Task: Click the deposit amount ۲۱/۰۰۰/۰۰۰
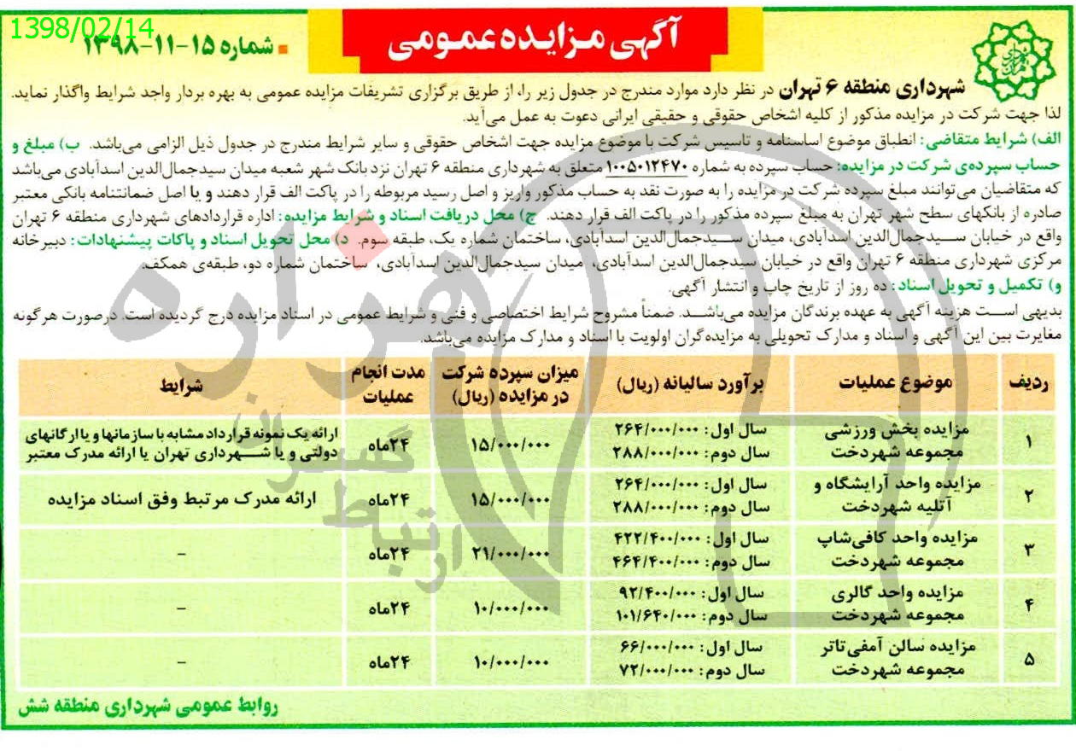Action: (509, 553)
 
